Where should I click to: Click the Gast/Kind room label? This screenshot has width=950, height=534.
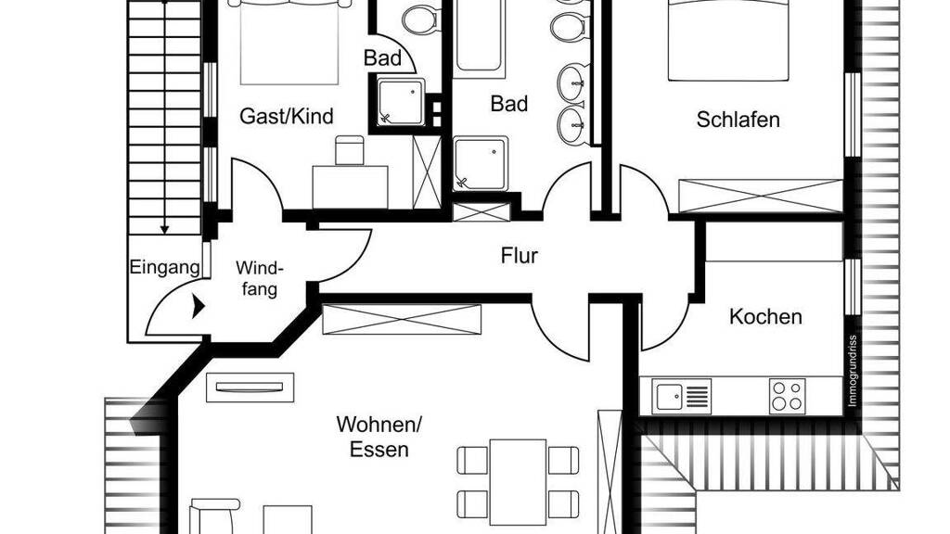click(287, 116)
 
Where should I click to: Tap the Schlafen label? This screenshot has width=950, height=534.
click(738, 120)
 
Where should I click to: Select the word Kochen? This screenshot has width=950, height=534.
click(765, 316)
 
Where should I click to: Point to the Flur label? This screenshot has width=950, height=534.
click(520, 256)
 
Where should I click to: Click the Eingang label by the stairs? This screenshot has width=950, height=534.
click(164, 267)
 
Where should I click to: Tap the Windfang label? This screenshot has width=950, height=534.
click(260, 278)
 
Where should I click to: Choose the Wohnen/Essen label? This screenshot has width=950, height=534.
click(379, 437)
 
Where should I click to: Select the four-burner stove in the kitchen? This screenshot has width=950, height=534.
click(788, 396)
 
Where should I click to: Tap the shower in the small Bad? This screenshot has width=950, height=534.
click(401, 102)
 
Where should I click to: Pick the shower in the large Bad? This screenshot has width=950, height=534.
click(481, 162)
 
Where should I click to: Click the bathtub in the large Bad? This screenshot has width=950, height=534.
click(480, 37)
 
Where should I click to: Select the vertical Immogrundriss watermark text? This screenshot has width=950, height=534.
click(853, 371)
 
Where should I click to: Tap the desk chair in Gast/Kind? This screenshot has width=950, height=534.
click(350, 150)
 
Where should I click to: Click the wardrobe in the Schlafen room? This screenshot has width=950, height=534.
click(761, 197)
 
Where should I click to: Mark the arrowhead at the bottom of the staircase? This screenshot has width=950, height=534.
click(164, 230)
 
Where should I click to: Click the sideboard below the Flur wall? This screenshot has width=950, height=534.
click(402, 320)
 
